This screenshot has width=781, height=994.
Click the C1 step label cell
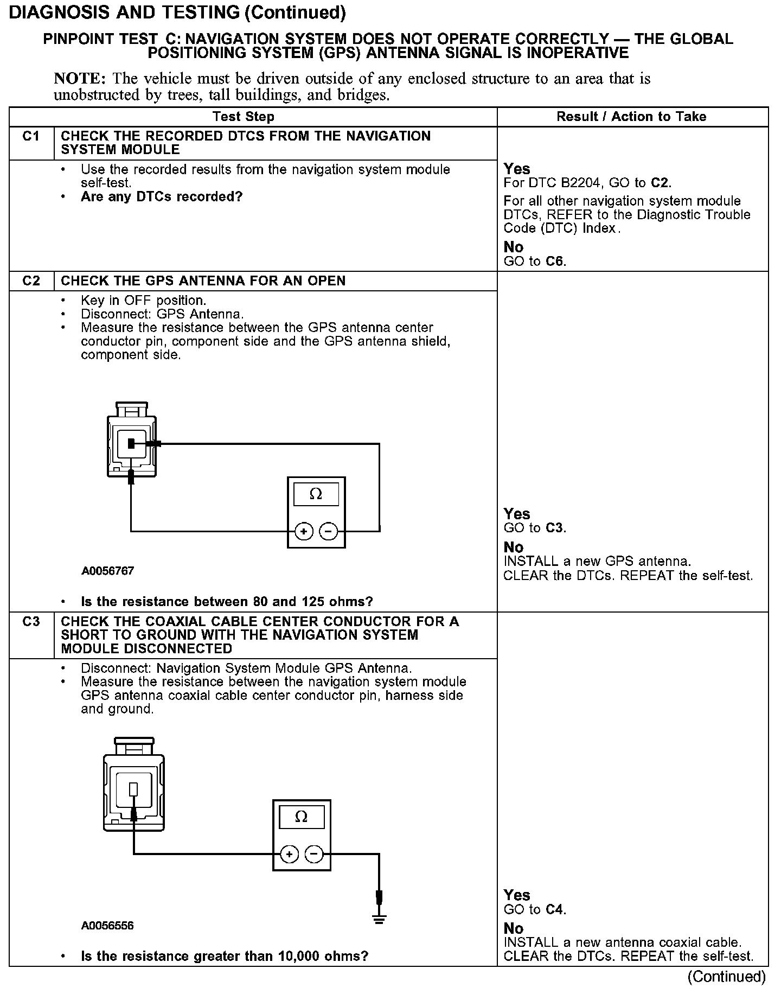pyautogui.click(x=31, y=137)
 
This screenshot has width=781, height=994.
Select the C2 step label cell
pyautogui.click(x=31, y=281)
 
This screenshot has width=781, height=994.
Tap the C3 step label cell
pyautogui.click(x=31, y=622)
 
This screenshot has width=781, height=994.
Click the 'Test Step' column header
pyautogui.click(x=244, y=117)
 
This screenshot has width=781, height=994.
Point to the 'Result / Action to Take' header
pyautogui.click(x=631, y=117)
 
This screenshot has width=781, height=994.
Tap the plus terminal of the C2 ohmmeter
pyautogui.click(x=304, y=532)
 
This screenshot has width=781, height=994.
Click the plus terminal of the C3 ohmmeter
pyautogui.click(x=290, y=855)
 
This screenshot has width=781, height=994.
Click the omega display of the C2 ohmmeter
pyautogui.click(x=316, y=494)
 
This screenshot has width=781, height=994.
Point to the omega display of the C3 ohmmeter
pyautogui.click(x=302, y=817)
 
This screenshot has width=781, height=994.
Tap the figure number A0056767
pyautogui.click(x=108, y=571)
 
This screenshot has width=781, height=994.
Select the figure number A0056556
pyautogui.click(x=108, y=926)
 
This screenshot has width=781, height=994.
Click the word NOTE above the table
pyautogui.click(x=75, y=79)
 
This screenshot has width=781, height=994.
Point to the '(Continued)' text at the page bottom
pyautogui.click(x=727, y=977)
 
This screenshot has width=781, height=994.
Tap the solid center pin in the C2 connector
pyautogui.click(x=131, y=444)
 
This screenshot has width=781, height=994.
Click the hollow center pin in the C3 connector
pyautogui.click(x=133, y=789)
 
